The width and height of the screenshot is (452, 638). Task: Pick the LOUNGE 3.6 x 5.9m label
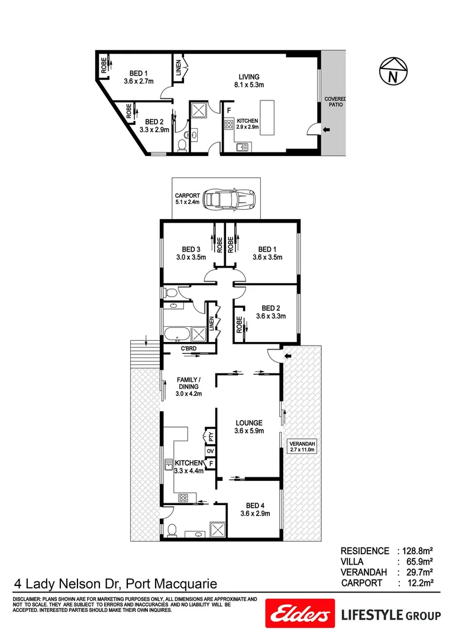click(249, 427)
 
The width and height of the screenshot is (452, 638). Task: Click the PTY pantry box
click(209, 437)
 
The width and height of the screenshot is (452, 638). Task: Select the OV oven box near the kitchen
click(209, 451)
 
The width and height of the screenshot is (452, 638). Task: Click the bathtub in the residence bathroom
click(178, 334)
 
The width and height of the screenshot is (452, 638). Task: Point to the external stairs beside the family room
click(139, 351)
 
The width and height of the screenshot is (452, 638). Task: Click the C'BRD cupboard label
click(189, 349)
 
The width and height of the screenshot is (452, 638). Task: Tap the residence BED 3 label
click(190, 253)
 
